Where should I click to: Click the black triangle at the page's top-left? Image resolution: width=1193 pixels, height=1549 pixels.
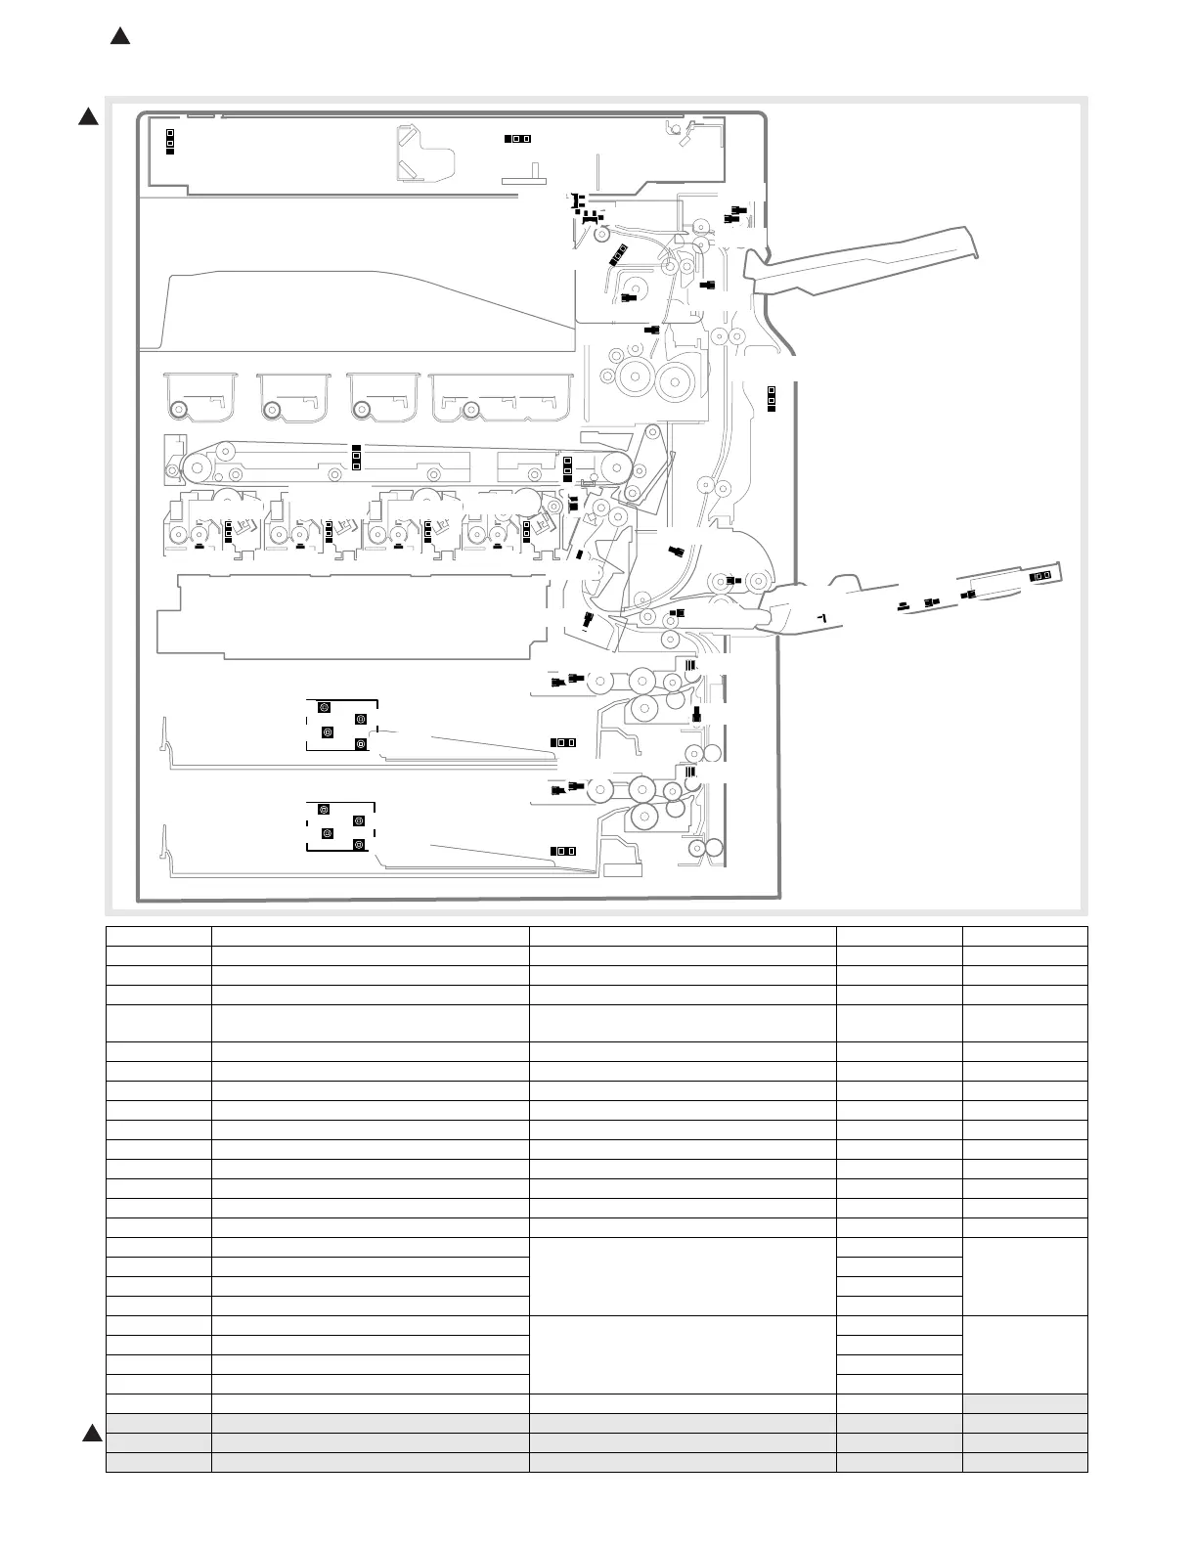pos(119,36)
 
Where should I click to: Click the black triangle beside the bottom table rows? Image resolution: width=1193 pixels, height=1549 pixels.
pos(91,1434)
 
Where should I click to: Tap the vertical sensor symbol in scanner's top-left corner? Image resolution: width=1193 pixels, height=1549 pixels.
pos(169,141)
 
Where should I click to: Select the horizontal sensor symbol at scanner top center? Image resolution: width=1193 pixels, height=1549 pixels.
pos(517,138)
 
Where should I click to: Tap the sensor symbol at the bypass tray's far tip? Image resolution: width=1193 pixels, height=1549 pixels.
pos(1040,576)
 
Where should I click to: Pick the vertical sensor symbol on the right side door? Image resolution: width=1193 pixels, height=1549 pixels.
pos(771,397)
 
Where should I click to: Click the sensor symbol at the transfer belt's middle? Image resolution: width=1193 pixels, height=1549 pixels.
pos(356,457)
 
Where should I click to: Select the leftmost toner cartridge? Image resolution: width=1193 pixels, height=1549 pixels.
pos(200,396)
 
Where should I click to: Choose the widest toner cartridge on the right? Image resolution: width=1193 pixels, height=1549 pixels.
pos(501,396)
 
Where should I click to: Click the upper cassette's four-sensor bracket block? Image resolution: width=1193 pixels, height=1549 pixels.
pos(342,725)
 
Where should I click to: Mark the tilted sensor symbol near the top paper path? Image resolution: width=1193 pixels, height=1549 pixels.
pos(617,254)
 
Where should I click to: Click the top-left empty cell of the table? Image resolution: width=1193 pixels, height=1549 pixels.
pos(158,936)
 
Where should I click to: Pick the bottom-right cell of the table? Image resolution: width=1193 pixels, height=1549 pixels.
pos(1025,1462)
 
